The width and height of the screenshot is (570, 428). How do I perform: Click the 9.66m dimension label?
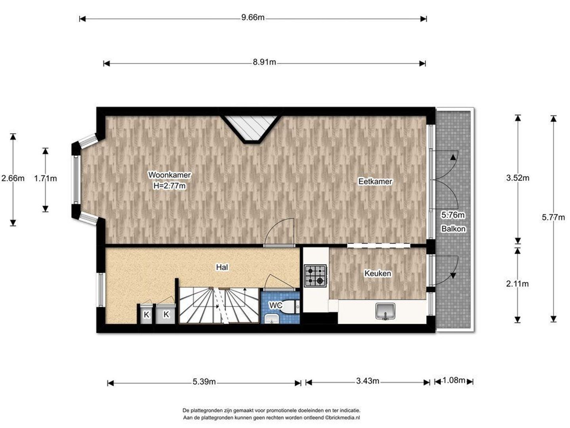253,17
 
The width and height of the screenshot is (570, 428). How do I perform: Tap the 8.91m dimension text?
264,62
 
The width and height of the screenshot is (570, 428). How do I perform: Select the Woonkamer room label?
170,175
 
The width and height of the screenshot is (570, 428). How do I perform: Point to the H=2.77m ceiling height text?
170,186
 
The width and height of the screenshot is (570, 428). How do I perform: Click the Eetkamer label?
375,181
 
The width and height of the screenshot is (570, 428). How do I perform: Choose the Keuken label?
377,273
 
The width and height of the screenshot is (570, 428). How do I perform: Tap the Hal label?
222,267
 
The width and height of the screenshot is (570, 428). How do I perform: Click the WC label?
276,305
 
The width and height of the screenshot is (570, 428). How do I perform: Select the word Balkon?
454,229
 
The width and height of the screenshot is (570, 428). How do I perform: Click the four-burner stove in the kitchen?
315,275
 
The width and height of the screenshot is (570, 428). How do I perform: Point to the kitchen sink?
385,311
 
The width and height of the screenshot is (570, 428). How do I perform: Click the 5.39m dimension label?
204,382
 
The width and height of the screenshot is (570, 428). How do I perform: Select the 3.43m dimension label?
368,381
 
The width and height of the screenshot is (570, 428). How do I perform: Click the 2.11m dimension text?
517,284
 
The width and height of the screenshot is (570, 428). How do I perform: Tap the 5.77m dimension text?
553,217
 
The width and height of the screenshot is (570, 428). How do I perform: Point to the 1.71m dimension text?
46,178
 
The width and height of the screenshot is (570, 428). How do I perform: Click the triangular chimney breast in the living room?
251,128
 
